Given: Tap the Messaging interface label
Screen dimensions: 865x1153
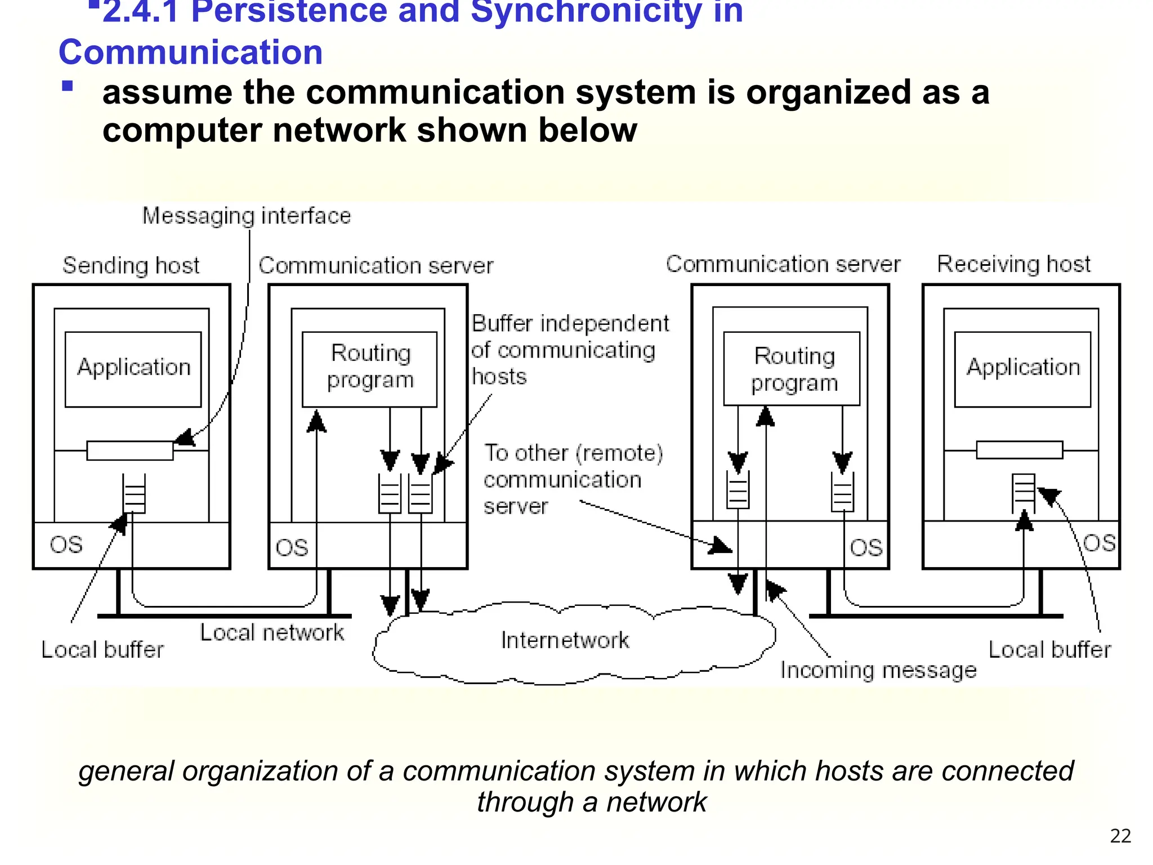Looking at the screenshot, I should point(246,216).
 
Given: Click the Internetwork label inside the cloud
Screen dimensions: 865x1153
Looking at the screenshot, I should point(565,640).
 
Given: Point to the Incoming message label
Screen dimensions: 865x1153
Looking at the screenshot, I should point(878,670).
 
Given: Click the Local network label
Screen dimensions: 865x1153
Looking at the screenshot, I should point(272,632).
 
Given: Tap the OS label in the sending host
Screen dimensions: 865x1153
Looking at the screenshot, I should point(66,545).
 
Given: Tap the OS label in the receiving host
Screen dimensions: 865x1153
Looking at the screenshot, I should point(1098,543).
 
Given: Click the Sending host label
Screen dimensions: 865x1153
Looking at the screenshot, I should point(131,265).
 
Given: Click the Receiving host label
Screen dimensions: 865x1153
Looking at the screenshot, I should point(1013,264).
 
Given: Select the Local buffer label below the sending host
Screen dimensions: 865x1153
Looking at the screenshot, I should point(102,650).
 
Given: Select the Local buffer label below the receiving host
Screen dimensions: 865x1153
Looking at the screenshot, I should point(1049,650).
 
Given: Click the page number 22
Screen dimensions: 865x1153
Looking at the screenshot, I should point(1120,836).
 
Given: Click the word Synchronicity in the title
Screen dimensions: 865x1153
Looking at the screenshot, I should point(586,12).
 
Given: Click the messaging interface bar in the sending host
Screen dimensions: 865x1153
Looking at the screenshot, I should point(130,451).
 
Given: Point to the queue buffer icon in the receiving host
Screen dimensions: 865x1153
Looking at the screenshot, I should point(1023,492).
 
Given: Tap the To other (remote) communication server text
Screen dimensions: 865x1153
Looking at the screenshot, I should point(573,479).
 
